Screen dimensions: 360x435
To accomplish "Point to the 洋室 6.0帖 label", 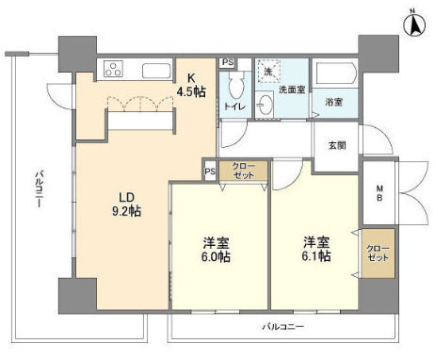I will pos(218,249).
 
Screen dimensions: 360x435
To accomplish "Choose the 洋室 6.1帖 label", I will pos(317,249).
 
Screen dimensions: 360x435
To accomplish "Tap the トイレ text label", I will pos(234,107).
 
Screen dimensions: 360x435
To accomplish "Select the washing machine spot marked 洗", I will pos(266,73).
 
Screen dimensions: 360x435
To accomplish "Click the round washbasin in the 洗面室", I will pos(266,106).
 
